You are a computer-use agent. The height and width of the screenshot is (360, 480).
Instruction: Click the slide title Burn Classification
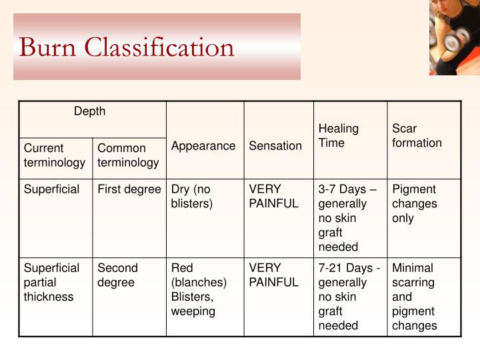pos(127,47)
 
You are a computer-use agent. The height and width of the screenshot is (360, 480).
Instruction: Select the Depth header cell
pos(90,112)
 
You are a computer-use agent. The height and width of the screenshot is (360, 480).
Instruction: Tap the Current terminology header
pos(55,155)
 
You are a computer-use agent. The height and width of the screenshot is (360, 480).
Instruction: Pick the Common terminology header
pos(128,155)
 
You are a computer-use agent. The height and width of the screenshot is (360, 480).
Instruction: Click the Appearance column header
pos(203,145)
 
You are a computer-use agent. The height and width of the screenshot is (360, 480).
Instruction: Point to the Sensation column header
pos(275,145)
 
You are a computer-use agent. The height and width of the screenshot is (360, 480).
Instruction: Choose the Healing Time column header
pos(339,135)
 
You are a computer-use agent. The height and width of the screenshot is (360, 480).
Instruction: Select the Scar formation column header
pos(417,135)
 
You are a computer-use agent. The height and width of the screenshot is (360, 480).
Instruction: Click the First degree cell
pos(129,189)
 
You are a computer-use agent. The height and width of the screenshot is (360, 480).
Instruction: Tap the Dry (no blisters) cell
pos(192,197)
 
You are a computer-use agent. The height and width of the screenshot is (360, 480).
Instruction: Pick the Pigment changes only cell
pos(414,203)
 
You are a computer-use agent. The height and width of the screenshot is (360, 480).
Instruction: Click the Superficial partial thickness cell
pos(52,282)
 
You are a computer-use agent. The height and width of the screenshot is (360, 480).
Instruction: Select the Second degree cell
pos(118,275)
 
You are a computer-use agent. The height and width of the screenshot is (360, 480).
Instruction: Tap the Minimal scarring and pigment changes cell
pos(415,297)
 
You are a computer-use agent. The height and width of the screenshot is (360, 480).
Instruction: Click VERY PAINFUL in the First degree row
pos(273,197)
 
